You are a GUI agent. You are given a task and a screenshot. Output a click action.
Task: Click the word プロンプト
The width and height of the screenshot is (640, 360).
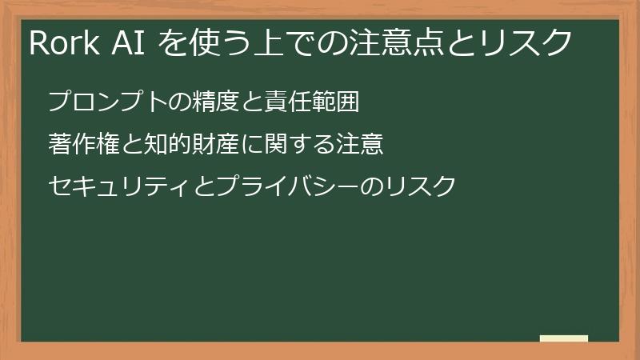point(101,102)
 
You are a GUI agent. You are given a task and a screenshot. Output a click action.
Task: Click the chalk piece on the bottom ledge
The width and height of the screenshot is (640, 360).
point(564,339)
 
